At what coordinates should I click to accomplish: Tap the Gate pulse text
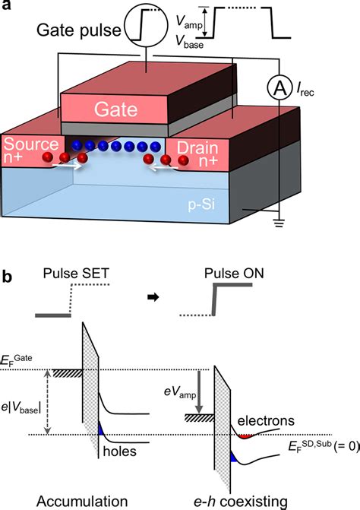coord(76,32)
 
